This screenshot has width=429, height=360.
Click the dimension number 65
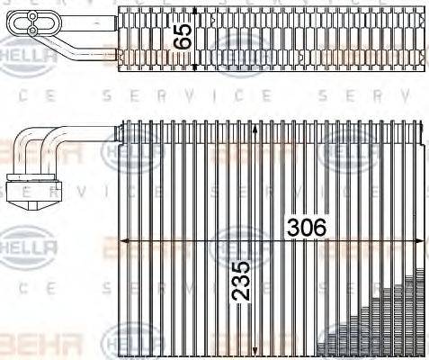pos(183,37)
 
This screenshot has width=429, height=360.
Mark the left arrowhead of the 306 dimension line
pos(125,239)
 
